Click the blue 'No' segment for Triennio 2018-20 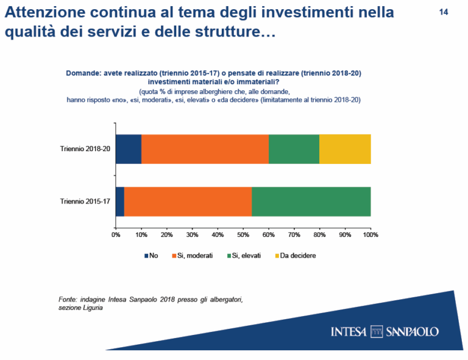click(x=129, y=149)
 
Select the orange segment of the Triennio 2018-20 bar click(x=205, y=149)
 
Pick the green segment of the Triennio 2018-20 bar click(x=294, y=149)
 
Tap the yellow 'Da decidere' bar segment click(x=345, y=149)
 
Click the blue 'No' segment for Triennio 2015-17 click(x=120, y=201)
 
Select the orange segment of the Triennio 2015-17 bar click(x=188, y=201)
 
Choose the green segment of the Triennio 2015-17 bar click(x=311, y=201)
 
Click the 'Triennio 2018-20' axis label click(x=85, y=149)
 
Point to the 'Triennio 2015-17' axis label click(x=85, y=201)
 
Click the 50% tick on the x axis click(x=243, y=234)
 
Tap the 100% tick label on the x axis click(x=370, y=234)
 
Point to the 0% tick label click(x=116, y=234)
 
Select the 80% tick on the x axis click(x=319, y=234)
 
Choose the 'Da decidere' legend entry click(x=294, y=255)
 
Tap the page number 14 click(x=444, y=12)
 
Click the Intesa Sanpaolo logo click(x=385, y=331)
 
